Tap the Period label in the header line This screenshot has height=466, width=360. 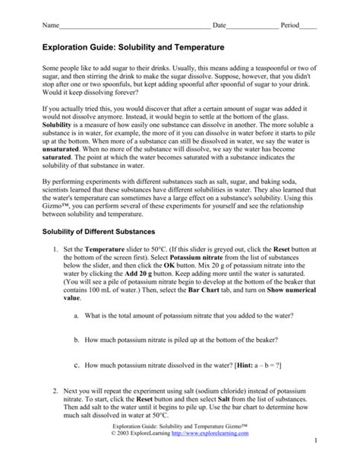tap(290, 25)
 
